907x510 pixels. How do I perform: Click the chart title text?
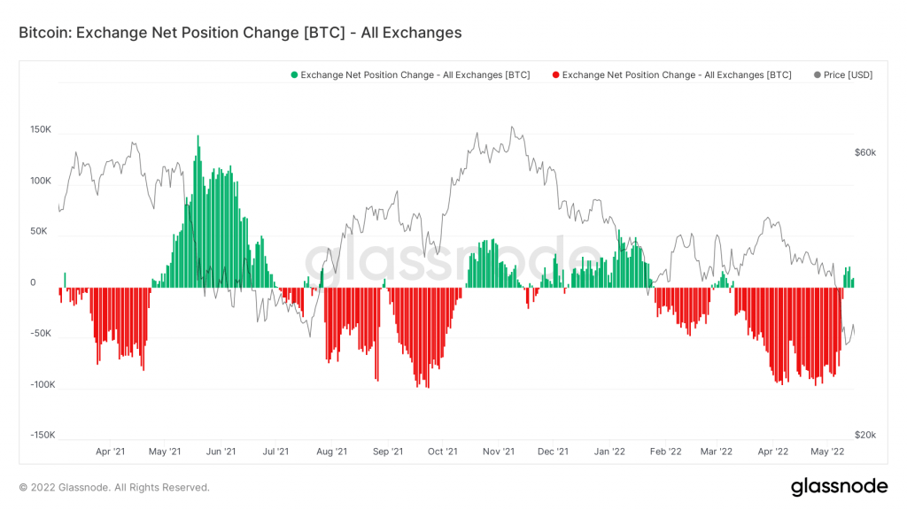pos(240,33)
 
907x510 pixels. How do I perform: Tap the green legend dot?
pos(294,75)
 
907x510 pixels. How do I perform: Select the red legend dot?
pos(555,75)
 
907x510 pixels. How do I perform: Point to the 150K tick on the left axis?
pos(41,129)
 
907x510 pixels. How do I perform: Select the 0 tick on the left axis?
pos(34,282)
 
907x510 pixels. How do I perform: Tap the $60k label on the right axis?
pos(864,152)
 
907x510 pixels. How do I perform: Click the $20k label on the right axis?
pos(864,435)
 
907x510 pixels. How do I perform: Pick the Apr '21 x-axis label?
pos(110,452)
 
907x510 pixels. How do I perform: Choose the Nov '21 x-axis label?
pos(498,452)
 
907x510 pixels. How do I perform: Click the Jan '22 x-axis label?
pos(609,452)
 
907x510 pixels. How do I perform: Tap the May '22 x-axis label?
pos(826,452)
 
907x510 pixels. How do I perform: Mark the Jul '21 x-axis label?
pos(275,452)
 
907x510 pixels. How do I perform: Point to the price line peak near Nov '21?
pos(512,127)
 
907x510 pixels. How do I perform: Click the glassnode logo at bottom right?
pos(839,486)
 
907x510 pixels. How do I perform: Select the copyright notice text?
pos(114,487)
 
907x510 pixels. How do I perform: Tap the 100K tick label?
pos(41,181)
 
